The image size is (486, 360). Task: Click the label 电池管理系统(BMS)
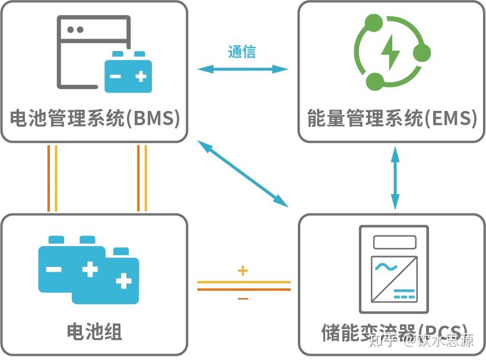click(95, 119)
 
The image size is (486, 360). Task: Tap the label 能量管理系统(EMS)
click(392, 119)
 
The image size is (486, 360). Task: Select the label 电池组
click(94, 332)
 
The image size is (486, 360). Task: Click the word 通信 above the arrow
click(242, 52)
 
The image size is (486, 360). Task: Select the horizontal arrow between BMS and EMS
click(242, 69)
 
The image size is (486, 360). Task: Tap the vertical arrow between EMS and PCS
click(393, 177)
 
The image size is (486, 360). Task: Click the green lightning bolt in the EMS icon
click(390, 52)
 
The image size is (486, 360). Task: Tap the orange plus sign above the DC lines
click(242, 271)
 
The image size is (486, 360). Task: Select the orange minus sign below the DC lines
click(243, 299)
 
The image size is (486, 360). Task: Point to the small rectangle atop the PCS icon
click(394, 242)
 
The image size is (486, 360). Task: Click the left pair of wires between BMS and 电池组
click(52, 178)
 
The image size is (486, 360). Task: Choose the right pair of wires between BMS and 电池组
click(142, 178)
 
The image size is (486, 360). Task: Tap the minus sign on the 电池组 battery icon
click(53, 269)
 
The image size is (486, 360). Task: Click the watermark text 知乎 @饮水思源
click(421, 340)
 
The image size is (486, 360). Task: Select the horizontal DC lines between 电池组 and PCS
click(243, 286)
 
